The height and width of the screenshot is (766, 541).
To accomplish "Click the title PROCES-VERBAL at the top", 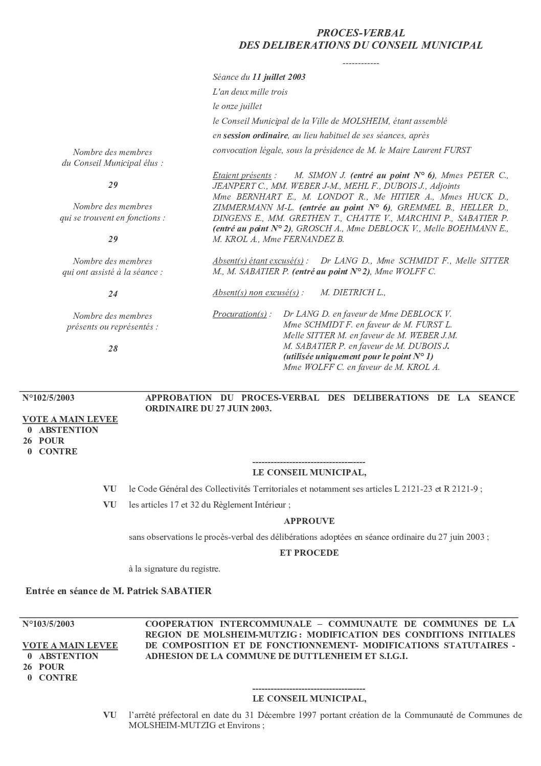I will tap(360, 33).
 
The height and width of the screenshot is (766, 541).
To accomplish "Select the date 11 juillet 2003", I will tap(279, 77).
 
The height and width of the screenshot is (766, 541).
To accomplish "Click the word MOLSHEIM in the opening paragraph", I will tap(364, 121).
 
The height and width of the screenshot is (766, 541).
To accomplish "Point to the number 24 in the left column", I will tap(112, 294).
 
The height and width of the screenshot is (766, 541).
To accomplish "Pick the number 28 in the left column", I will tap(112, 349).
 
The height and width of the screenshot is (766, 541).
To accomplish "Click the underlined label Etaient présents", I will tap(242, 176).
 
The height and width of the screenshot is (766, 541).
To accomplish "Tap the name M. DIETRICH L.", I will tap(352, 293).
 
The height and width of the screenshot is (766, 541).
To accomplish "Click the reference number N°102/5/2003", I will tap(49, 398).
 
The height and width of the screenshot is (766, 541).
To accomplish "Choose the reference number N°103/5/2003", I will tap(49, 624).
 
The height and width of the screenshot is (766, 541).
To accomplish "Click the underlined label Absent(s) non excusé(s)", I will tap(256, 293).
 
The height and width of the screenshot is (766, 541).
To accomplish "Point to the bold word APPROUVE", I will tap(309, 521).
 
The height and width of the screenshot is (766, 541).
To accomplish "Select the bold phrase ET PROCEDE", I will tap(309, 553).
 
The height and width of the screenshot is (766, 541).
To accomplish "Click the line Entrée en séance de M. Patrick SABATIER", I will tap(119, 591).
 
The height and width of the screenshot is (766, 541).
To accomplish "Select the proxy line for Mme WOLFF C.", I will tap(361, 367).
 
